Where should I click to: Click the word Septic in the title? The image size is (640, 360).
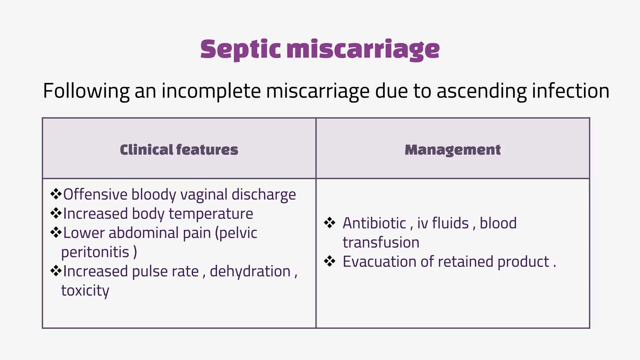pos(240,49)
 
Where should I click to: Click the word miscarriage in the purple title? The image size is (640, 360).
pos(363,49)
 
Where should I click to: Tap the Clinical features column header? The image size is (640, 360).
pos(179,150)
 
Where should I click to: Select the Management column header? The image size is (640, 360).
pos(452,150)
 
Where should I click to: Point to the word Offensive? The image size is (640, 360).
pos(95,194)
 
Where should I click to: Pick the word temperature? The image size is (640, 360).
pos(211,214)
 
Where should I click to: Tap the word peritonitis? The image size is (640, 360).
pos(95,252)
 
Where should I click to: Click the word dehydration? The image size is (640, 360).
pos(250,271)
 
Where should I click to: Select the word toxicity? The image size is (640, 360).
pos(85,291)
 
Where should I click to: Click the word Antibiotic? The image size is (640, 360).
pos(374,223)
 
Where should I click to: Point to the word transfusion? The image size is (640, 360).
pos(381,242)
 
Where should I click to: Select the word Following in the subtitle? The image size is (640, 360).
pos(86,91)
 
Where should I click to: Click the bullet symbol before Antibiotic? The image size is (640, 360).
pos(330,223)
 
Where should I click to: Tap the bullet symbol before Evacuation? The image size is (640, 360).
pos(330,261)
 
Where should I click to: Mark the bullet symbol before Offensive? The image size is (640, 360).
pos(56,194)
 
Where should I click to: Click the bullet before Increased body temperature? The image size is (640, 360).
pos(56,213)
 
